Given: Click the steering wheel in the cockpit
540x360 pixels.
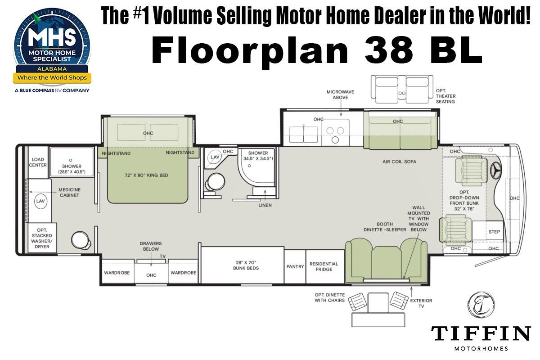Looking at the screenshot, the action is [496, 171].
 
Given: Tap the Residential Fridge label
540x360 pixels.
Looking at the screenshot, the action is [324, 266].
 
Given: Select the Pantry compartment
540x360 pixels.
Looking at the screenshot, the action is [295, 266].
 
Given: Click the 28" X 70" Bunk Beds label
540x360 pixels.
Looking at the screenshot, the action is [246, 265].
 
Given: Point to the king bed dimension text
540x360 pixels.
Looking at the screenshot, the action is [146, 175].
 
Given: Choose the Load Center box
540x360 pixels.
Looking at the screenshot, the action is [38, 162].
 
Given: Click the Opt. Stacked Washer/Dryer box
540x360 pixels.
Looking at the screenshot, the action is [42, 238].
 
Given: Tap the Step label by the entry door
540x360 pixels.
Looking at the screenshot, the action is [494, 232].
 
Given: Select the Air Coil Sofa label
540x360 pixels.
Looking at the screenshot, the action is [399, 162].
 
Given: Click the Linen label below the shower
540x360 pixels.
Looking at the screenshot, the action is [265, 205].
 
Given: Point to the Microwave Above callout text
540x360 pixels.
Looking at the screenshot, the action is [340, 94].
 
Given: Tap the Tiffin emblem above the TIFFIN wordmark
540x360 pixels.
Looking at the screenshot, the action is [481, 305].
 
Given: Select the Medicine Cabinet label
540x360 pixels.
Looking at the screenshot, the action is [69, 193].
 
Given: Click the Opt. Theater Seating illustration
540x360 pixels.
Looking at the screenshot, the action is [402, 89].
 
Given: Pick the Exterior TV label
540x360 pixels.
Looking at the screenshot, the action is [421, 303].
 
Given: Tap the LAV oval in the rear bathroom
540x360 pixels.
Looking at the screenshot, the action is [40, 201].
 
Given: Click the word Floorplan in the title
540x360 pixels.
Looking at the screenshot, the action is [250, 50].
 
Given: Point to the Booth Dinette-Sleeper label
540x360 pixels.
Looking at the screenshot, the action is [385, 227].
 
